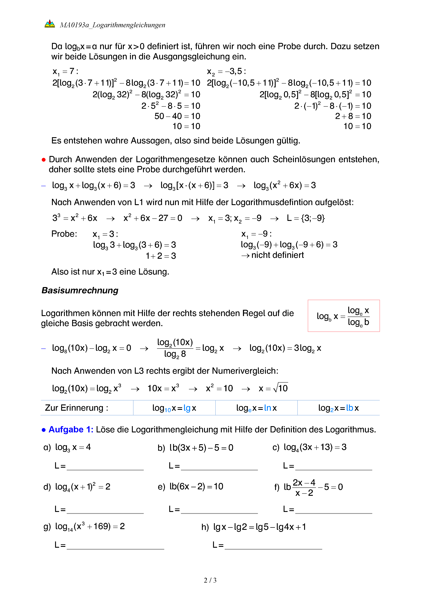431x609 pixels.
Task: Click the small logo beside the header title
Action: point(50,24)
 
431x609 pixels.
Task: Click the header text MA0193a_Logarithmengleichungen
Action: point(112,25)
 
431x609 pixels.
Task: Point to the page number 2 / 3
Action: point(210,580)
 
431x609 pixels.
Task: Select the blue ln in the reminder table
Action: point(267,408)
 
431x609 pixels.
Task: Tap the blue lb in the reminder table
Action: point(349,408)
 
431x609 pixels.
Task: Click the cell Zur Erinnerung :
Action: point(77,408)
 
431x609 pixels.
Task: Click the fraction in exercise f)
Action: point(304,487)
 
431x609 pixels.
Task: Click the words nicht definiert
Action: point(277,255)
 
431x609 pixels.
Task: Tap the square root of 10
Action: point(281,388)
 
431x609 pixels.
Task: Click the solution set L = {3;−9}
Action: point(306,218)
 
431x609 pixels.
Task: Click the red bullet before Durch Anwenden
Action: point(44,160)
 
